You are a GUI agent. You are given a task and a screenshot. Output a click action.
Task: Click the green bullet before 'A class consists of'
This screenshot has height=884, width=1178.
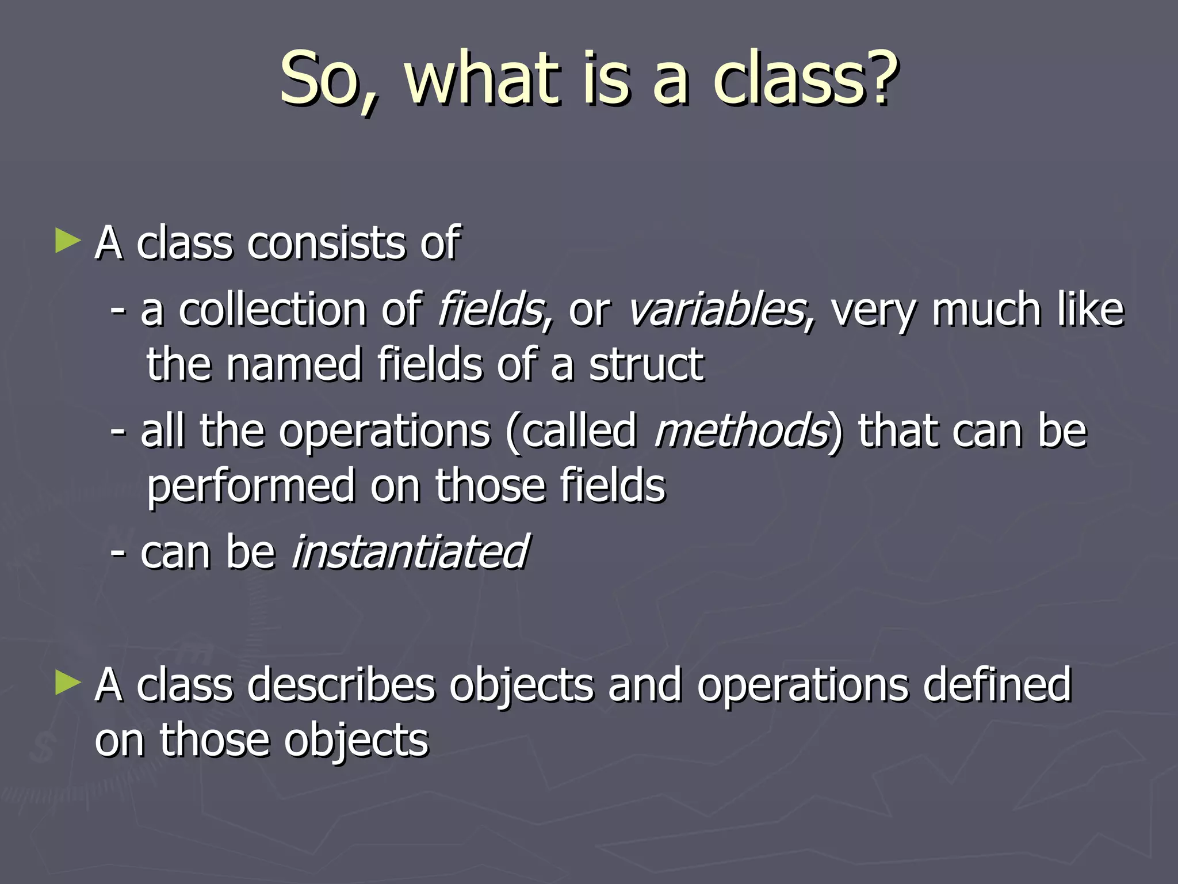point(68,241)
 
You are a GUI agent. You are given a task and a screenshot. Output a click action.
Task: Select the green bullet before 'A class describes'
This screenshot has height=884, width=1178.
point(68,684)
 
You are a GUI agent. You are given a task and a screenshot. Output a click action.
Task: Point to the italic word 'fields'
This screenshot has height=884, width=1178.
point(490,310)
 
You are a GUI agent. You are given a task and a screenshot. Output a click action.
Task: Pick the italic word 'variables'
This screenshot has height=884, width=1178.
point(716,310)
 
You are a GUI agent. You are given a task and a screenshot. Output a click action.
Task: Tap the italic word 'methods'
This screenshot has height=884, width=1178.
point(741,430)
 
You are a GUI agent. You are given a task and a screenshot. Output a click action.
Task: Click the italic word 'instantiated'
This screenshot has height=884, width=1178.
point(409,551)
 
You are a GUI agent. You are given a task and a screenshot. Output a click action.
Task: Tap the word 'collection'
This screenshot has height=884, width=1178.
point(273,310)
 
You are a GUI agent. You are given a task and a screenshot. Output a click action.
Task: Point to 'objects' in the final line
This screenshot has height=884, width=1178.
point(356,741)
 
